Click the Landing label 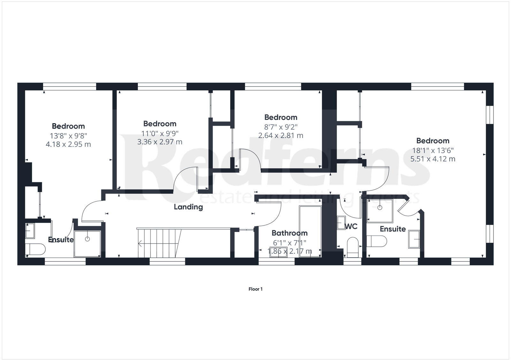pyautogui.click(x=188, y=207)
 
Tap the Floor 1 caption pyautogui.click(x=256, y=289)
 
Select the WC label pyautogui.click(x=351, y=227)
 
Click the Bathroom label pyautogui.click(x=289, y=233)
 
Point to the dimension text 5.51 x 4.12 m pyautogui.click(x=433, y=159)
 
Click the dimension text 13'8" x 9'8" pyautogui.click(x=68, y=135)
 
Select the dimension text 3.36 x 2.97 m pyautogui.click(x=160, y=142)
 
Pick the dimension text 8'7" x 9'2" pyautogui.click(x=281, y=126)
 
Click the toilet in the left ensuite pyautogui.click(x=36, y=249)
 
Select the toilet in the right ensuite pyautogui.click(x=377, y=241)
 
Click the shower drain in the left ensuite pyautogui.click(x=87, y=239)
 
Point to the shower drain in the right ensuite pyautogui.click(x=380, y=208)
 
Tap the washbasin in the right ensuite pyautogui.click(x=414, y=239)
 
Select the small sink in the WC pyautogui.click(x=341, y=222)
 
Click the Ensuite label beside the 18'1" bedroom pyautogui.click(x=393, y=229)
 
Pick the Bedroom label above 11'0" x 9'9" pyautogui.click(x=160, y=124)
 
